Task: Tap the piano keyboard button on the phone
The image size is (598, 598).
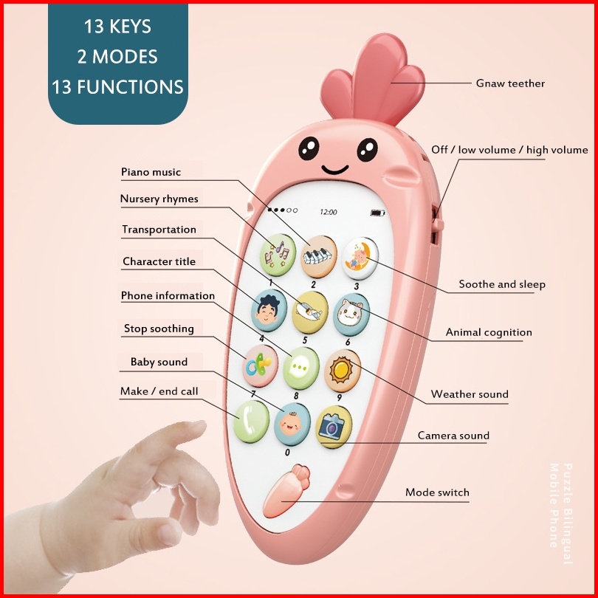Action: pyautogui.click(x=319, y=256)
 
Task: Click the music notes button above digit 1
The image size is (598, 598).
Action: pyautogui.click(x=278, y=255)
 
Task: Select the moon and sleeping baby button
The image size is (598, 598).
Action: pyautogui.click(x=360, y=258)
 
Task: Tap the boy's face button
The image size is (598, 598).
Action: pyautogui.click(x=269, y=310)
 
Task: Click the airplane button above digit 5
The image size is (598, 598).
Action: pyautogui.click(x=310, y=312)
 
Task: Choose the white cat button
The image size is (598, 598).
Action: pyautogui.click(x=351, y=315)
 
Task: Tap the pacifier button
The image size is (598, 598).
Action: pyautogui.click(x=260, y=365)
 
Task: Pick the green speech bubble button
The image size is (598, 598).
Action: pyautogui.click(x=301, y=368)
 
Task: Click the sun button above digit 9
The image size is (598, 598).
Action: pyautogui.click(x=343, y=371)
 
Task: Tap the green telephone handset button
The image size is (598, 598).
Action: pyautogui.click(x=251, y=422)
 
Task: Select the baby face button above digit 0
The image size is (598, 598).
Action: pyautogui.click(x=292, y=424)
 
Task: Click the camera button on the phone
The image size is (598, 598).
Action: pyautogui.click(x=334, y=427)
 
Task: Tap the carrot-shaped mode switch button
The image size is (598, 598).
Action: pyautogui.click(x=286, y=491)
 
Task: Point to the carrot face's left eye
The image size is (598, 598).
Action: pyautogui.click(x=309, y=148)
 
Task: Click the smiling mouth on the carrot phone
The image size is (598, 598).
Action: pyautogui.click(x=335, y=169)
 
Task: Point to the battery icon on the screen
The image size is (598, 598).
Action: pyautogui.click(x=377, y=213)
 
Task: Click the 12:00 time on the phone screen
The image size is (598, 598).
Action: pyautogui.click(x=329, y=212)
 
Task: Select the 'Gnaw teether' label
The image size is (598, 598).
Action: pyautogui.click(x=510, y=83)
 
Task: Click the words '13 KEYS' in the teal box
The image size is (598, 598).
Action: pyautogui.click(x=117, y=27)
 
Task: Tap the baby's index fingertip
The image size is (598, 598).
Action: pyautogui.click(x=199, y=426)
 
